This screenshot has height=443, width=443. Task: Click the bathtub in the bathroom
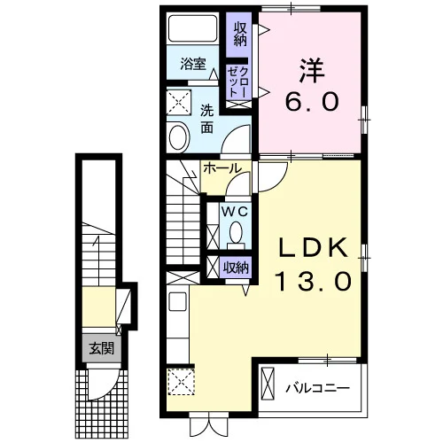click(x=192, y=28)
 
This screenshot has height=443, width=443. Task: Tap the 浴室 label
click(x=193, y=64)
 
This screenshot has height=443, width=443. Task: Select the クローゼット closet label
click(x=238, y=82)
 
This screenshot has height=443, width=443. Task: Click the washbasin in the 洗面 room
click(x=178, y=137)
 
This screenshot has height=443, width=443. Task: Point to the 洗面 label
click(x=206, y=119)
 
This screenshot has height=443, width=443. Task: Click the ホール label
click(x=221, y=168)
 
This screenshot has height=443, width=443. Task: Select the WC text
click(x=235, y=212)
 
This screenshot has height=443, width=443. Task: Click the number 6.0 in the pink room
click(x=312, y=101)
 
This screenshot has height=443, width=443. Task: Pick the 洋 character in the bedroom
click(x=312, y=71)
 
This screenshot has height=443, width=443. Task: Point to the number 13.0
click(x=313, y=282)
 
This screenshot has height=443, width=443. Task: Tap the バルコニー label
click(x=317, y=388)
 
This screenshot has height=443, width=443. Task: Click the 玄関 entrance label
click(x=101, y=349)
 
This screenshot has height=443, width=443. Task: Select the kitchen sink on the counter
click(x=177, y=301)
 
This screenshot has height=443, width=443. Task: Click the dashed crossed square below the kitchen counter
click(x=181, y=381)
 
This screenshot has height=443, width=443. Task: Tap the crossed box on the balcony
click(x=268, y=384)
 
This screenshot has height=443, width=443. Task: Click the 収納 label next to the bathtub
click(x=240, y=35)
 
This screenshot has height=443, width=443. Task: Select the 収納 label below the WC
click(x=236, y=268)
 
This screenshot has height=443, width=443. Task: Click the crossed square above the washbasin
click(x=179, y=103)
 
